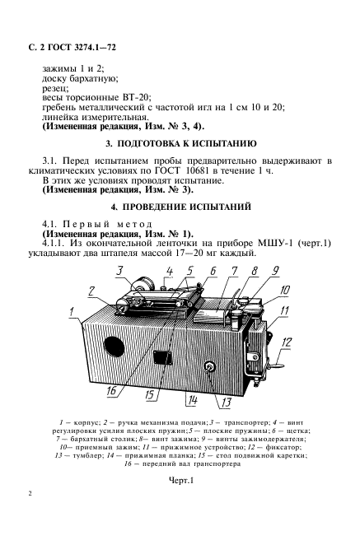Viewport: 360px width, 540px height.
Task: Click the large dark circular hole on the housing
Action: (x=113, y=342)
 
